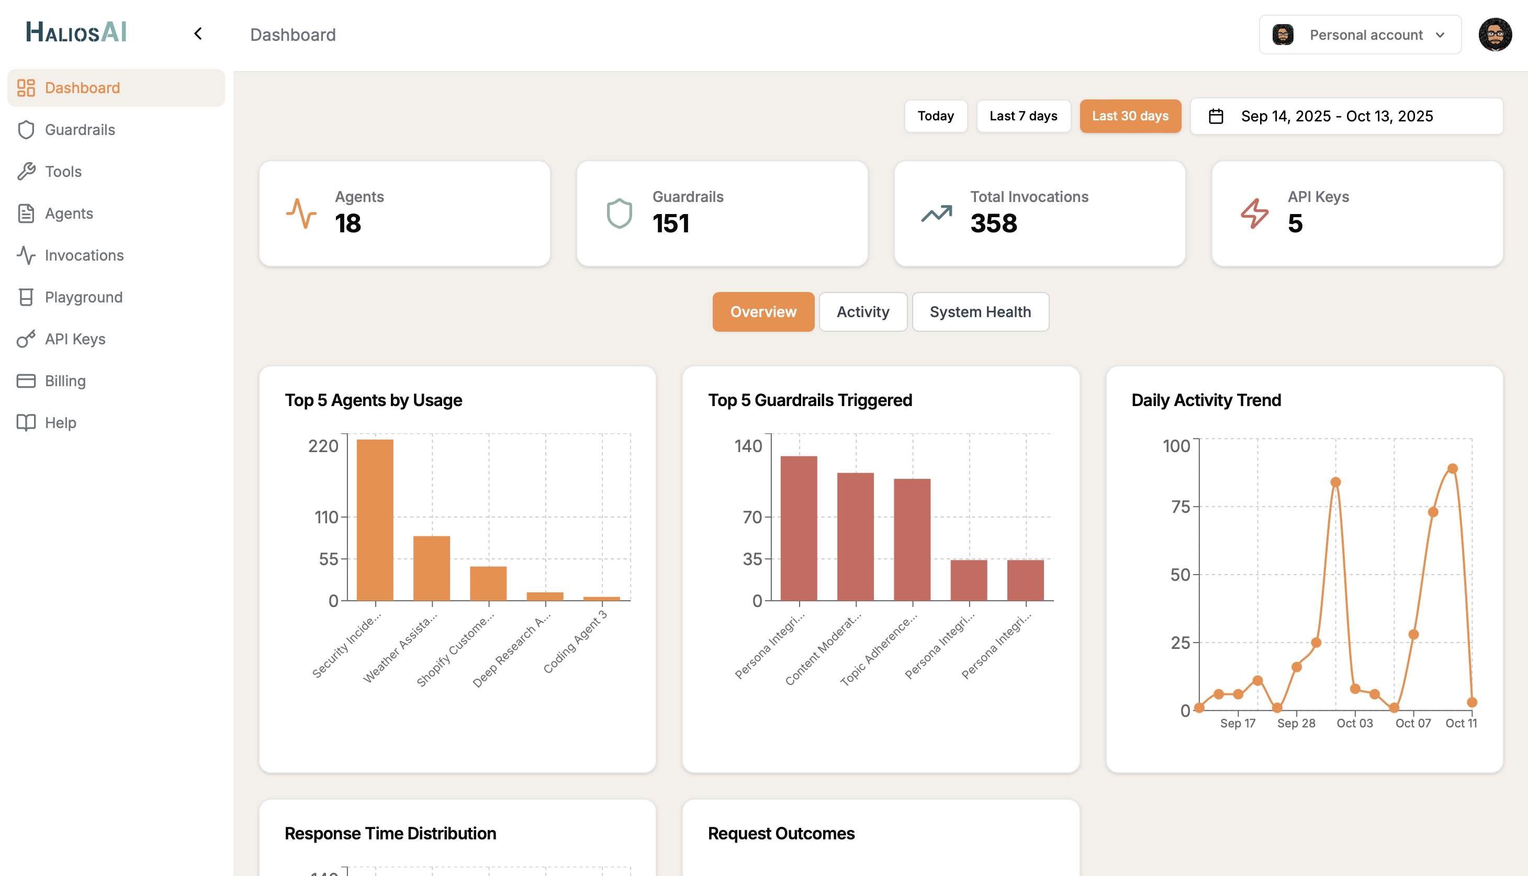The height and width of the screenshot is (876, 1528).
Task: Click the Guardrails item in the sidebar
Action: pyautogui.click(x=80, y=130)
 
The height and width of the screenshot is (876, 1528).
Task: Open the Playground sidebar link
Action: pyautogui.click(x=83, y=297)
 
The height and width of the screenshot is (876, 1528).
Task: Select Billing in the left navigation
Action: pyautogui.click(x=65, y=381)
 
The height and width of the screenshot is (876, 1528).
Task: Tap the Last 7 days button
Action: pyautogui.click(x=1023, y=116)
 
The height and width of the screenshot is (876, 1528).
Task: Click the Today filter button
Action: pyautogui.click(x=936, y=116)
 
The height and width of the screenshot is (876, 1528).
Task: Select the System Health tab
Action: pyautogui.click(x=980, y=312)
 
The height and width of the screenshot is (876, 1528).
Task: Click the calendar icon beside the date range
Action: pyautogui.click(x=1216, y=116)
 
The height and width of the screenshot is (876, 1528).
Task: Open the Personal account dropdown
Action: pyautogui.click(x=1360, y=35)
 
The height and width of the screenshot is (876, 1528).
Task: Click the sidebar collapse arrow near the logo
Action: pyautogui.click(x=198, y=33)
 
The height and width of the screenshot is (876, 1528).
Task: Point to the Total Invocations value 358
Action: pyautogui.click(x=993, y=224)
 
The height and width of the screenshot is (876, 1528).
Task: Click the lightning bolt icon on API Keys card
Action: pyautogui.click(x=1254, y=213)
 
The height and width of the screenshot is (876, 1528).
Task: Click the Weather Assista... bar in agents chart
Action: pyautogui.click(x=431, y=568)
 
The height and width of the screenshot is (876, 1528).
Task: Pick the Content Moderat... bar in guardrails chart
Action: pyautogui.click(x=855, y=537)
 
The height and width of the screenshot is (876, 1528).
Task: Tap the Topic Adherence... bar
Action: pyautogui.click(x=912, y=540)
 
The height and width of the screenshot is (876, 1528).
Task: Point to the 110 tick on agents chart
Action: pyautogui.click(x=326, y=518)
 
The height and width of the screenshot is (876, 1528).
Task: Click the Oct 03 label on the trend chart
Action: pyautogui.click(x=1354, y=723)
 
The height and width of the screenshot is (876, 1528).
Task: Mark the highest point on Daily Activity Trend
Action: pyautogui.click(x=1452, y=469)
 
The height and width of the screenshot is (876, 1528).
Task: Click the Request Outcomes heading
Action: pyautogui.click(x=781, y=833)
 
